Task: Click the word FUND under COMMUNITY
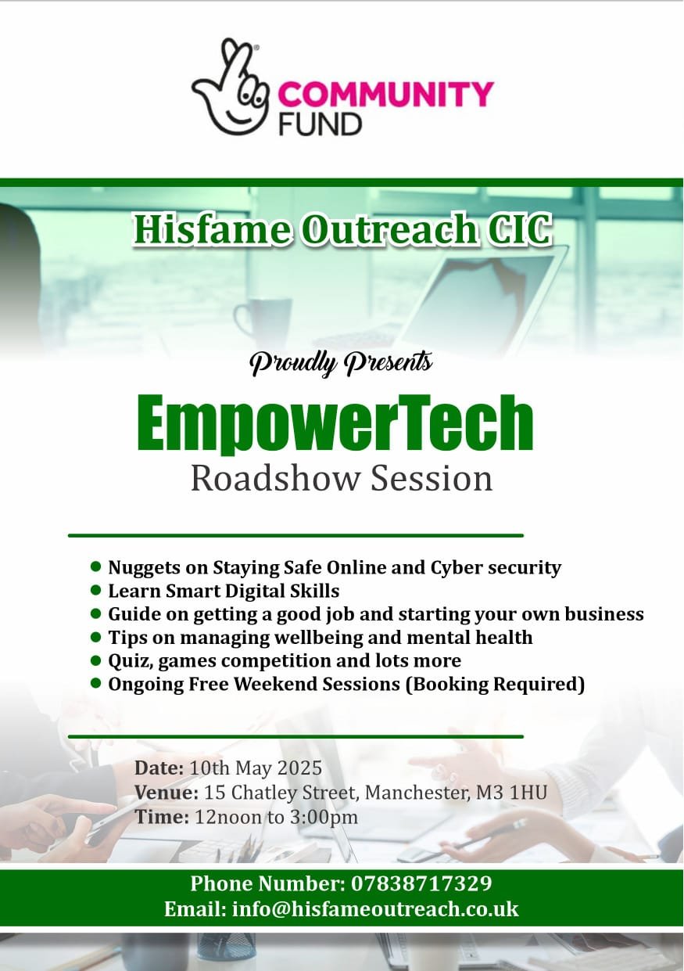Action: click(x=320, y=124)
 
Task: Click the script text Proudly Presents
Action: click(x=341, y=362)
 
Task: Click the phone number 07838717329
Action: click(x=421, y=884)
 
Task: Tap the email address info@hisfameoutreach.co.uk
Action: click(x=375, y=909)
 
